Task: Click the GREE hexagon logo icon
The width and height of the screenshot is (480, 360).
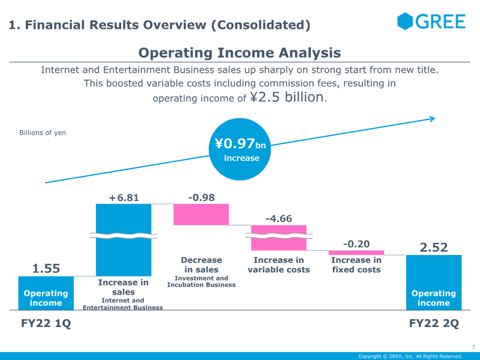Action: pos(406,22)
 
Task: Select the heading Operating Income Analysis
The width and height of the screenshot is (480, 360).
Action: pos(239,53)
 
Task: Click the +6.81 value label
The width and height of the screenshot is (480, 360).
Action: pos(124,197)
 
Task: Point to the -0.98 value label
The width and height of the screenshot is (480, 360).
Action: pos(201,197)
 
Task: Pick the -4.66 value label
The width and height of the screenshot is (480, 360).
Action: pos(278,218)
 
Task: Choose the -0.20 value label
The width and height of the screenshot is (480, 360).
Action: pos(356,244)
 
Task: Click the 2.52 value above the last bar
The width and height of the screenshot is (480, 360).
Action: pos(434,247)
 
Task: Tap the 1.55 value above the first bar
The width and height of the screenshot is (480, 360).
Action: pos(46,269)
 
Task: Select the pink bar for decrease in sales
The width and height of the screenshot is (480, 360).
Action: pos(201,214)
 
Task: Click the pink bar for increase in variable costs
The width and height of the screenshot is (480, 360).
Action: pos(278,238)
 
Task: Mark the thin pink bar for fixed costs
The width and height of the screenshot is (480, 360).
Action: pos(356,253)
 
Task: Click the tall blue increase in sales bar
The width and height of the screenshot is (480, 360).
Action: pos(124,252)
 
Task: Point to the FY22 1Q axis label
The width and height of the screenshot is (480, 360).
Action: pos(46,323)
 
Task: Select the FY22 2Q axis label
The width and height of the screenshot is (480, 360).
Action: pos(434,323)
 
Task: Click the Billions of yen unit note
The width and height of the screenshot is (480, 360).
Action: pos(43,133)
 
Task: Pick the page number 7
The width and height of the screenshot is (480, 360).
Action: pos(473,347)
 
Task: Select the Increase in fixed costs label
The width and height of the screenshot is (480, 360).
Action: pos(356,265)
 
